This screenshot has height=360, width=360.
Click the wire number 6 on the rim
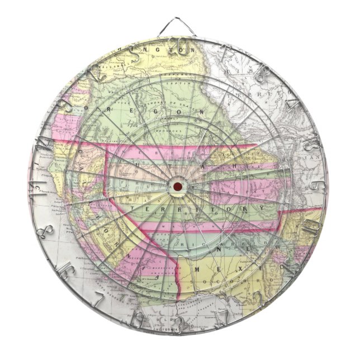coord(315,185)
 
